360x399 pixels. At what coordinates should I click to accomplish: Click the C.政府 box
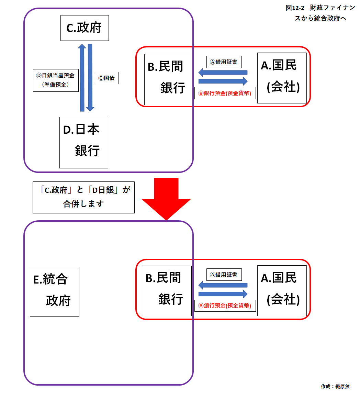[85, 28]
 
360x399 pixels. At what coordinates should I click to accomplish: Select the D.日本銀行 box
[83, 142]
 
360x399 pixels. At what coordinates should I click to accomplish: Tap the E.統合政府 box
[54, 291]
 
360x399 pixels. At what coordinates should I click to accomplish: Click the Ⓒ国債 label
[106, 78]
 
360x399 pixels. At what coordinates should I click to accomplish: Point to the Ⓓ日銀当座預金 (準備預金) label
[56, 80]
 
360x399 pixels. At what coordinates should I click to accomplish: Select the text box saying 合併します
[83, 197]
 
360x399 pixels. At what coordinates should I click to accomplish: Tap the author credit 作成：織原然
[335, 387]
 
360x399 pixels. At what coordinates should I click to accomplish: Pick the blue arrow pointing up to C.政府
[82, 78]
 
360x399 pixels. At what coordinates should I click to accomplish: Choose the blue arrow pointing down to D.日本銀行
[90, 78]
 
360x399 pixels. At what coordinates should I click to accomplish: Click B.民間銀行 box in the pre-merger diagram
[168, 79]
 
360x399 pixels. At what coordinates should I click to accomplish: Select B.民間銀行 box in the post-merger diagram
[167, 291]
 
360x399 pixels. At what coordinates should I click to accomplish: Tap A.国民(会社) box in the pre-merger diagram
[282, 78]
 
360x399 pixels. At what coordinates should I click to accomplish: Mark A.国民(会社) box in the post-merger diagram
[282, 291]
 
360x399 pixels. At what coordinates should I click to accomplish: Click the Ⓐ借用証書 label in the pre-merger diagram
[224, 62]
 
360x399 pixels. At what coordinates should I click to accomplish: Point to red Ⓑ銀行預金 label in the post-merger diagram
[225, 306]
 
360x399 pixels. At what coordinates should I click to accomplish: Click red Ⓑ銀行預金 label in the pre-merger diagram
[225, 93]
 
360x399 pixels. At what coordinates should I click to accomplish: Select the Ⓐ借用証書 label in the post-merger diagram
[224, 275]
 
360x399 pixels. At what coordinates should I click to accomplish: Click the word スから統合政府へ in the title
[320, 19]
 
